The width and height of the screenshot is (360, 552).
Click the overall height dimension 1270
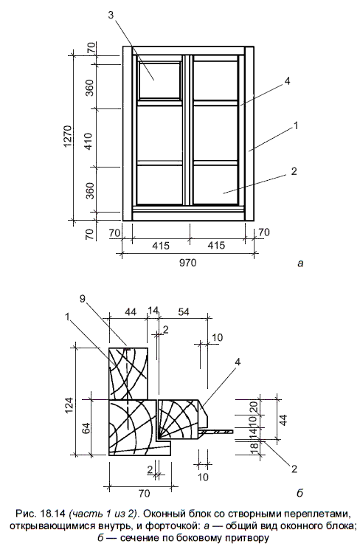(68, 137)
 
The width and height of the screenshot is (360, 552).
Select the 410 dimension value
(89, 141)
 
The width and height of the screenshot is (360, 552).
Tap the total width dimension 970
(187, 263)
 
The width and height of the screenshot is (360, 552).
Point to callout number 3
(111, 15)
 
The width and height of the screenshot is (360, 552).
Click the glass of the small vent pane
(160, 80)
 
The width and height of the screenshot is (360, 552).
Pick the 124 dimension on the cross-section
(69, 407)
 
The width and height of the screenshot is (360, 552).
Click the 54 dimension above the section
(184, 311)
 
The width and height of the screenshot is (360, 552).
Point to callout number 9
(83, 299)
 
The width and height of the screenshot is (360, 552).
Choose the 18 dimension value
(255, 447)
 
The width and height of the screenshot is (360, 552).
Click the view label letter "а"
(300, 263)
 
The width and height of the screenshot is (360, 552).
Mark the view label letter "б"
(300, 493)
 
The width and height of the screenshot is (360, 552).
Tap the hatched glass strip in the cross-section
(216, 431)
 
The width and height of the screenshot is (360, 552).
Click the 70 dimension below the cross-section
(144, 493)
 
